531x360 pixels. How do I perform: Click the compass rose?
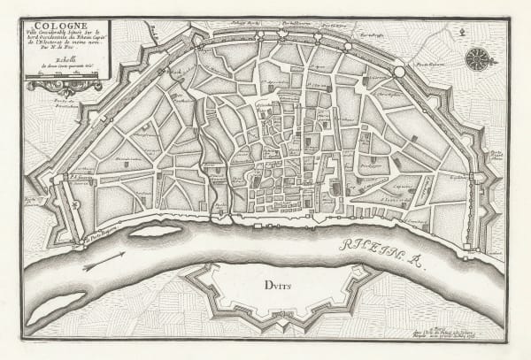click(x=479, y=59)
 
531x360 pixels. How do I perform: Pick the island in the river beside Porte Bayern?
click(x=156, y=231)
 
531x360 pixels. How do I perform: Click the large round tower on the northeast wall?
click(x=399, y=72)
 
